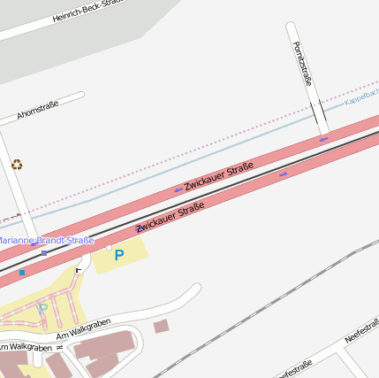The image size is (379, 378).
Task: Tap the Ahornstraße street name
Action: coord(37,111)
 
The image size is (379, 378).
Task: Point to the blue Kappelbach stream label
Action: coord(361,96)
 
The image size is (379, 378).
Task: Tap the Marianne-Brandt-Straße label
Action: coord(44,240)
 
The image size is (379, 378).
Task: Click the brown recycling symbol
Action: coord(17,164)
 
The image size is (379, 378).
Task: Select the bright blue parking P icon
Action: coord(119,255)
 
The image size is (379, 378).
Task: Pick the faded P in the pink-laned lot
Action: coord(42,309)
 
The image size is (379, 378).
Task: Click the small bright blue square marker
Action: coord(22,273)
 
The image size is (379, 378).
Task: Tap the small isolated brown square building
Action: coord(161,327)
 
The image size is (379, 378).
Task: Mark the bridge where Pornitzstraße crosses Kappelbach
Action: coord(318,112)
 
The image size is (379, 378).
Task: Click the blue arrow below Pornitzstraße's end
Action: coord(323,139)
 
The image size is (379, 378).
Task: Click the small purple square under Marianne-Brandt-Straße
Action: coord(44,253)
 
